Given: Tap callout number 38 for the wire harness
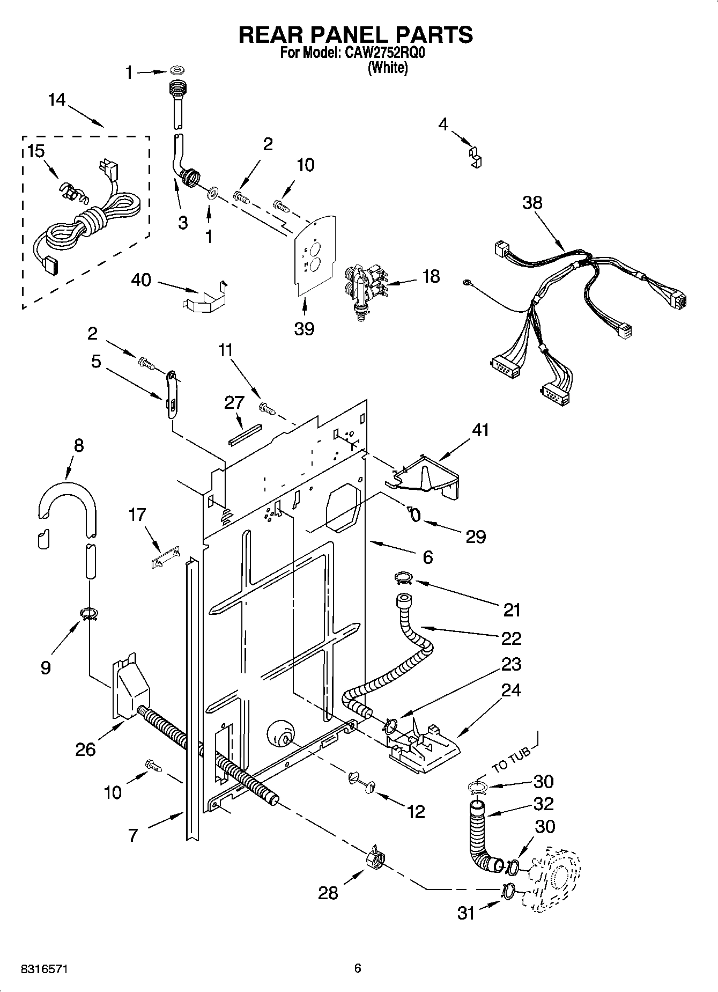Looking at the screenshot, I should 532,203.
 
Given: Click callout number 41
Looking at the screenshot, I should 480,430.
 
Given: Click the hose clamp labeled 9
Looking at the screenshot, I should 89,613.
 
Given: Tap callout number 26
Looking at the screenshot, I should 86,749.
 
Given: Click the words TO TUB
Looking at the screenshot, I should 511,760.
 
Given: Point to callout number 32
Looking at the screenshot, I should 543,804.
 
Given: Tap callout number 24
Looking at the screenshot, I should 511,690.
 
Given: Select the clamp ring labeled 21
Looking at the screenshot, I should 403,577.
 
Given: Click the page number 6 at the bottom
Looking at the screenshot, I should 358,968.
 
